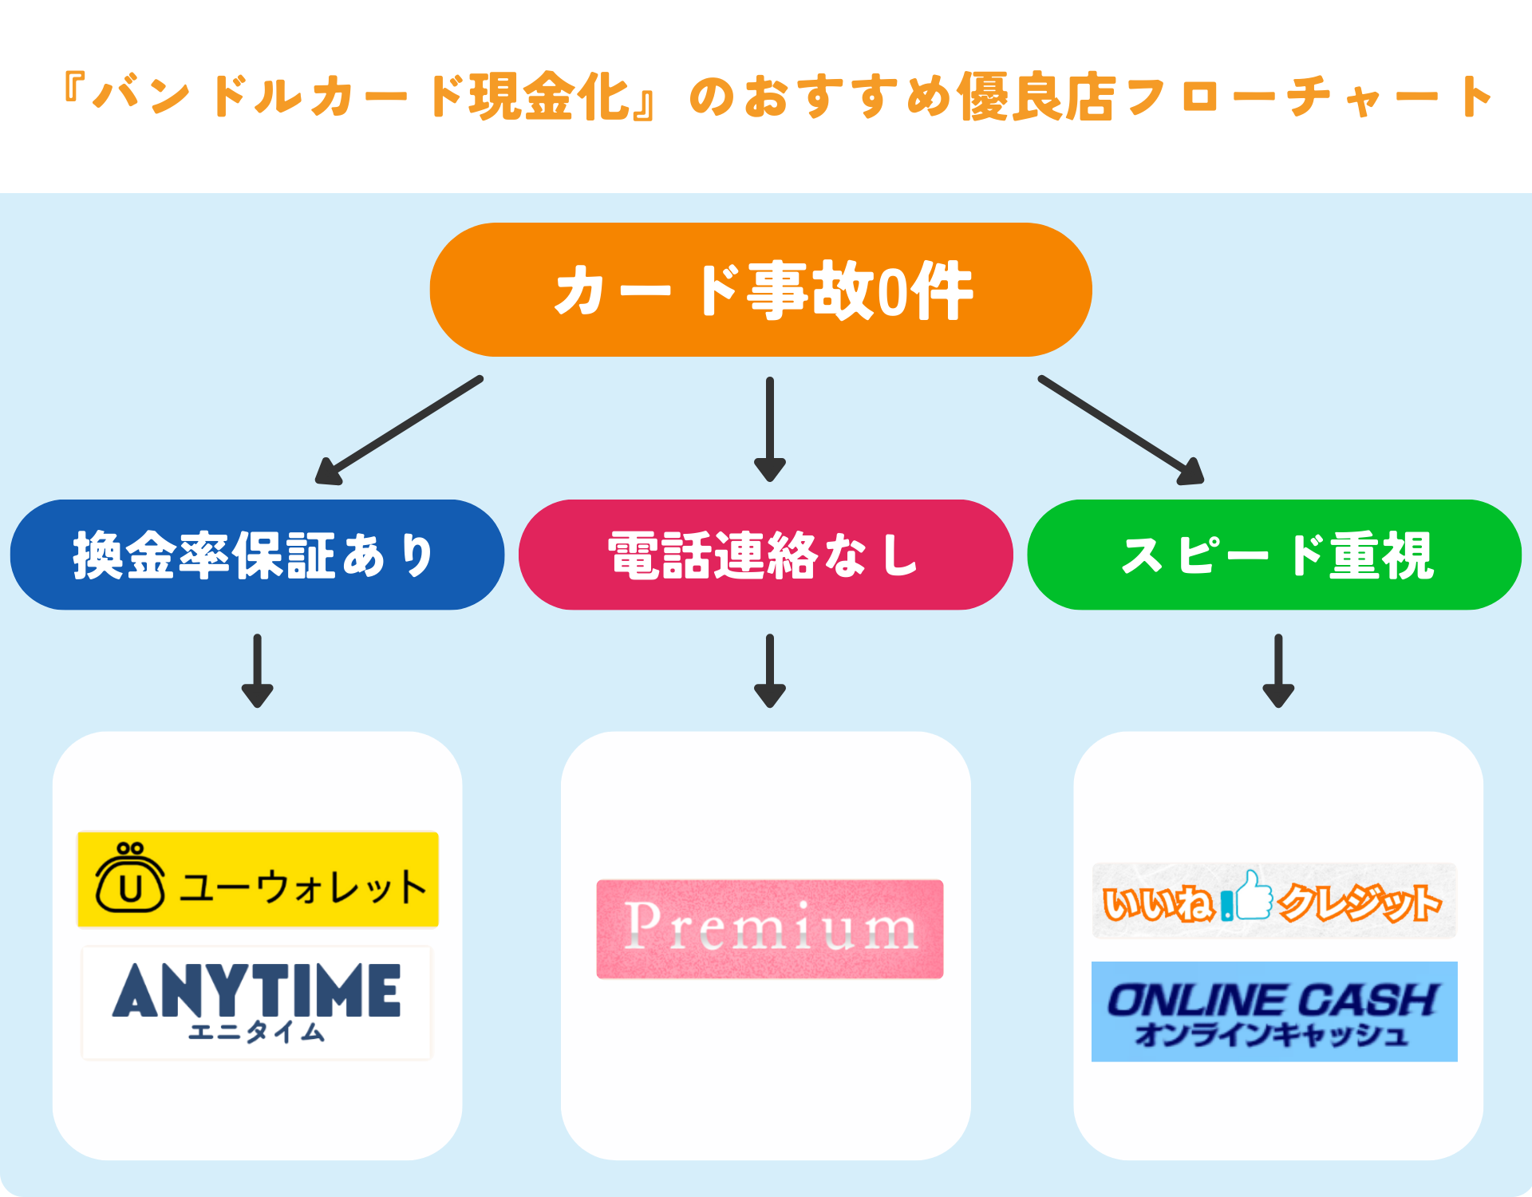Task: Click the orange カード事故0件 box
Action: pyautogui.click(x=760, y=290)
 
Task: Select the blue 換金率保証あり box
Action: pyautogui.click(x=257, y=555)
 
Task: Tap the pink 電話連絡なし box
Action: pyautogui.click(x=765, y=555)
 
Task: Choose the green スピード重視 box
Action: pyautogui.click(x=1274, y=555)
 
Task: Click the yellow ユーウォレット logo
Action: pyautogui.click(x=258, y=879)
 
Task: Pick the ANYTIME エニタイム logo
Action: pyautogui.click(x=256, y=1003)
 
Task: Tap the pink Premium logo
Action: pyautogui.click(x=770, y=929)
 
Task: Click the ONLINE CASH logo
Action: pyautogui.click(x=1274, y=1011)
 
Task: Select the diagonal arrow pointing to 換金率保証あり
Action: pyautogui.click(x=399, y=430)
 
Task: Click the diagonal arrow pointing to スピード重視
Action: pyautogui.click(x=1121, y=430)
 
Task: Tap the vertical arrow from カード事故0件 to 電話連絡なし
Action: pyautogui.click(x=769, y=429)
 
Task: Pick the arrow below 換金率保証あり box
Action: pyautogui.click(x=257, y=670)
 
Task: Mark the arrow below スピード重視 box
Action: pyautogui.click(x=1277, y=670)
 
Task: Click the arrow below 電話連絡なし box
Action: pyautogui.click(x=769, y=670)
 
